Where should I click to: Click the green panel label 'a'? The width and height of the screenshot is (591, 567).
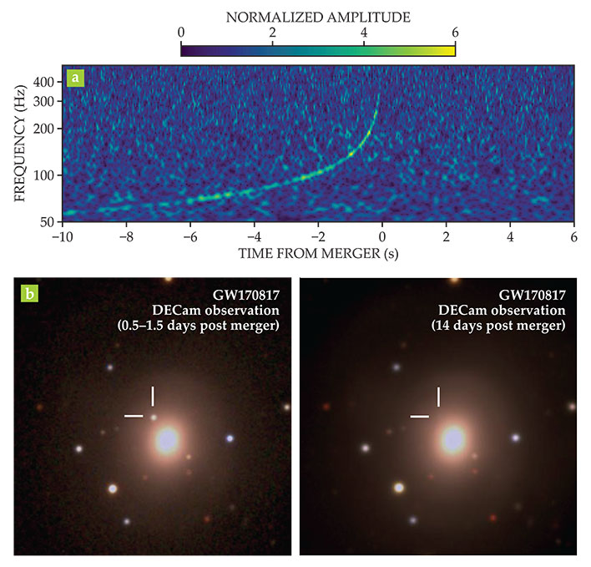[76, 78]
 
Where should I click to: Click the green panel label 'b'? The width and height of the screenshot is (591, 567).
[31, 294]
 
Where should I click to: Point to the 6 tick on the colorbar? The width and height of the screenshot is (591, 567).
[454, 32]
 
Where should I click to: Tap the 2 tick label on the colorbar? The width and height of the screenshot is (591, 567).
[272, 32]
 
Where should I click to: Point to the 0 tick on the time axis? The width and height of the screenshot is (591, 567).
[381, 236]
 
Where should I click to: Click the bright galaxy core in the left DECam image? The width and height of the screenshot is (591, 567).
[168, 439]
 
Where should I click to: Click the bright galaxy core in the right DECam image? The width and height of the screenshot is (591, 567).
[453, 438]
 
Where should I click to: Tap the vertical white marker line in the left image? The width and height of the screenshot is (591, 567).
[153, 396]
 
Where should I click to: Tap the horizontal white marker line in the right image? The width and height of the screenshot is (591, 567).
[419, 415]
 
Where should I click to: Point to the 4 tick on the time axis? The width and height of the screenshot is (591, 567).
[509, 236]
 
